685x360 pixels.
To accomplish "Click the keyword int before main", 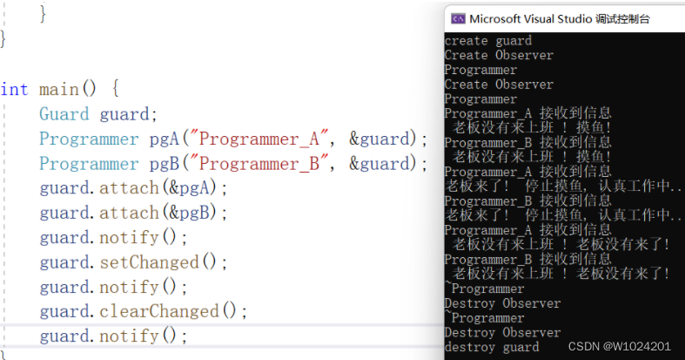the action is click(14, 90).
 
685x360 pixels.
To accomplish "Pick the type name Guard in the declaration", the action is click(64, 114).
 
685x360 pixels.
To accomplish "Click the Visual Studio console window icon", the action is click(456, 18).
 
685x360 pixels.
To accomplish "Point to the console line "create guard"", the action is click(487, 40).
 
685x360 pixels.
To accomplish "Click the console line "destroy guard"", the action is click(491, 347).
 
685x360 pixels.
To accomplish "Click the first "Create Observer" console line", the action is click(498, 55).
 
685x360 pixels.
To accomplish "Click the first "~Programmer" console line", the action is click(484, 289).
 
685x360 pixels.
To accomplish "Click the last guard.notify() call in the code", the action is click(113, 336).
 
